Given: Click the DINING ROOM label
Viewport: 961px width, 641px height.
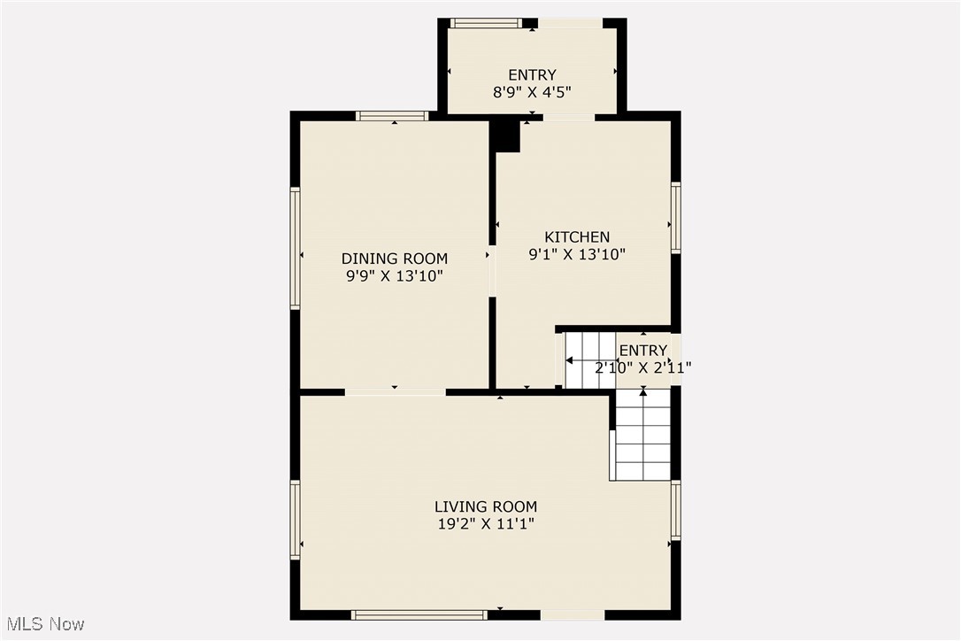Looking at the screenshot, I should pyautogui.click(x=395, y=259).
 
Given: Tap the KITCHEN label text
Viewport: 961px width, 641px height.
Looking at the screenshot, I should pyautogui.click(x=576, y=237).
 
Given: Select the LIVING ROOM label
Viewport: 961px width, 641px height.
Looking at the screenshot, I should pyautogui.click(x=485, y=506).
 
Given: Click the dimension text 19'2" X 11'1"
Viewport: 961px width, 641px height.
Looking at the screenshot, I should pyautogui.click(x=485, y=523).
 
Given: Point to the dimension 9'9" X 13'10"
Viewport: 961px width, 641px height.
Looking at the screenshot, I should pyautogui.click(x=395, y=275).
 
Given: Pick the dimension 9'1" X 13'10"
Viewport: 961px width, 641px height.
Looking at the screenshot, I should pyautogui.click(x=576, y=254).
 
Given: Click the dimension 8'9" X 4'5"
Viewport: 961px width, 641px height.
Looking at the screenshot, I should pyautogui.click(x=532, y=91).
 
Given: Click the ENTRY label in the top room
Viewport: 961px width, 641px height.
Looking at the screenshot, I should pyautogui.click(x=532, y=75).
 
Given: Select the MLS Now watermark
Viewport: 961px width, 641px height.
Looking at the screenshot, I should pyautogui.click(x=43, y=624).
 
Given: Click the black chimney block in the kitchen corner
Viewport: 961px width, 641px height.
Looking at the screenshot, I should pyautogui.click(x=506, y=136).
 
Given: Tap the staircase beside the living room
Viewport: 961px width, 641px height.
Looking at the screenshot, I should pyautogui.click(x=642, y=434).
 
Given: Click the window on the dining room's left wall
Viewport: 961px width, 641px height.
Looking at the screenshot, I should pyautogui.click(x=296, y=248).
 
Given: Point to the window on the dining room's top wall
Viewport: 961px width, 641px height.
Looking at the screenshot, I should pyautogui.click(x=392, y=116).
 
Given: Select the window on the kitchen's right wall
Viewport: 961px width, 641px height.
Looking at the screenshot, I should pyautogui.click(x=675, y=218).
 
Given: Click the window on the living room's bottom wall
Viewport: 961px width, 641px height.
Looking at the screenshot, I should pyautogui.click(x=419, y=614).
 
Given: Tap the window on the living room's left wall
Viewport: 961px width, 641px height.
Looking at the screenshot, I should pyautogui.click(x=296, y=520).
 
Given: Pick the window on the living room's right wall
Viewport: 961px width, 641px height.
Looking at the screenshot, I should pyautogui.click(x=675, y=511).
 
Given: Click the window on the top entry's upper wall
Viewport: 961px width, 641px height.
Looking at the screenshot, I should pyautogui.click(x=486, y=23).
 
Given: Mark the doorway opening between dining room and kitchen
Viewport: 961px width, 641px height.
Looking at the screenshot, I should pyautogui.click(x=492, y=271).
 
